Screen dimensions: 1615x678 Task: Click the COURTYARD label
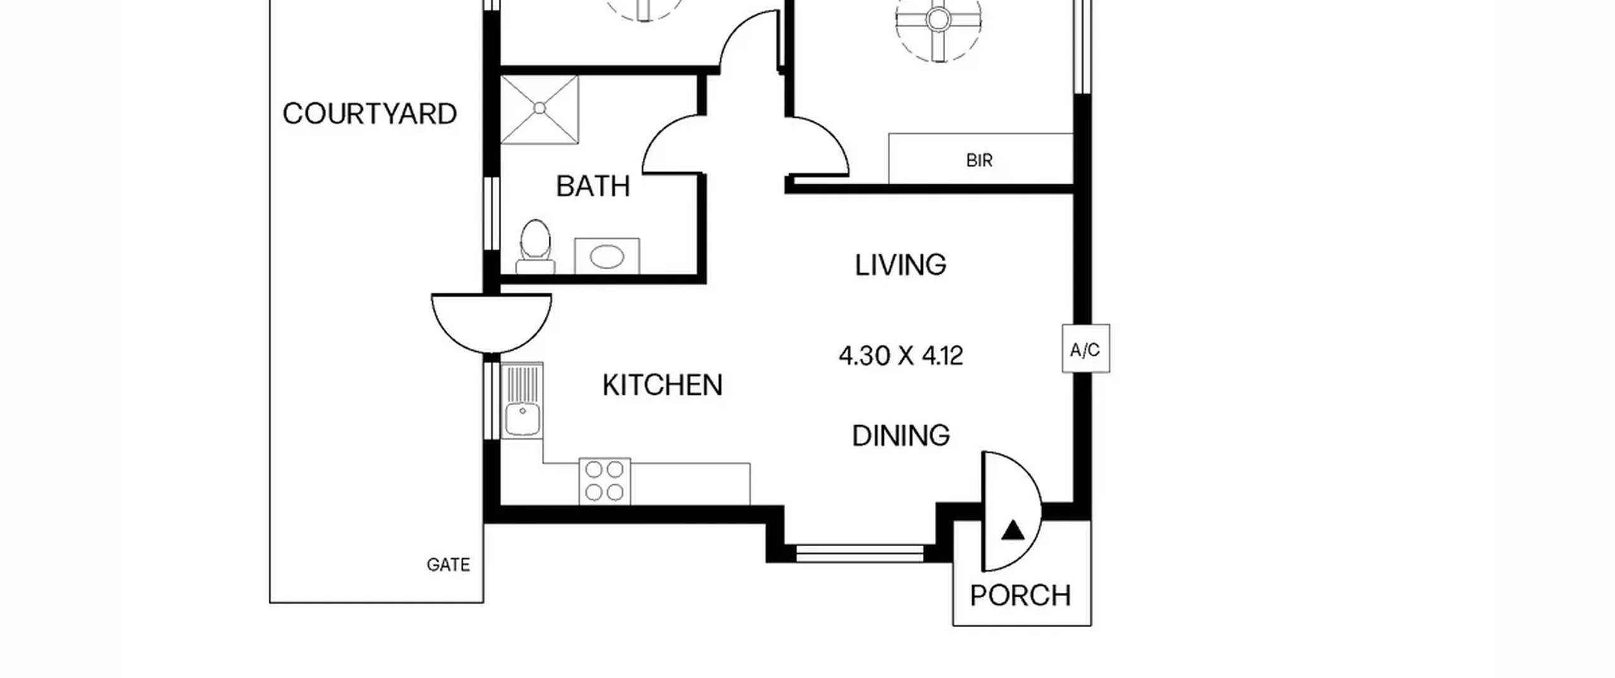[370, 114]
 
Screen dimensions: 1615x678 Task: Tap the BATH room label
[593, 186]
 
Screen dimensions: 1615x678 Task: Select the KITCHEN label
[662, 385]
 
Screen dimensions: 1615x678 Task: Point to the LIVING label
[900, 265]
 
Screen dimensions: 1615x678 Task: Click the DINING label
[901, 436]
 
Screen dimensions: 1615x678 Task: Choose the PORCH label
[1020, 595]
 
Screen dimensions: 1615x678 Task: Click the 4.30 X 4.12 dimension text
[901, 356]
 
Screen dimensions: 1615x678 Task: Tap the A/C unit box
[1086, 349]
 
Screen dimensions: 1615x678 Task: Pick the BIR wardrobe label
[979, 161]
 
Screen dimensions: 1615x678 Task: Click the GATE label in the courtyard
[448, 564]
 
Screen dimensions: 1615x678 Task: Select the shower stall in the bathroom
[539, 109]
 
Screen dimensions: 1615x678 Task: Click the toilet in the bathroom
[536, 247]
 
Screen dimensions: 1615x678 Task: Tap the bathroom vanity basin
[607, 256]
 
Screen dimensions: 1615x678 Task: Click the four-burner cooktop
[604, 481]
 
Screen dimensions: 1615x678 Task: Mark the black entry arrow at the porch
[1013, 530]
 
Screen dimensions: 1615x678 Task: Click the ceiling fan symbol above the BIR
[938, 21]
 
